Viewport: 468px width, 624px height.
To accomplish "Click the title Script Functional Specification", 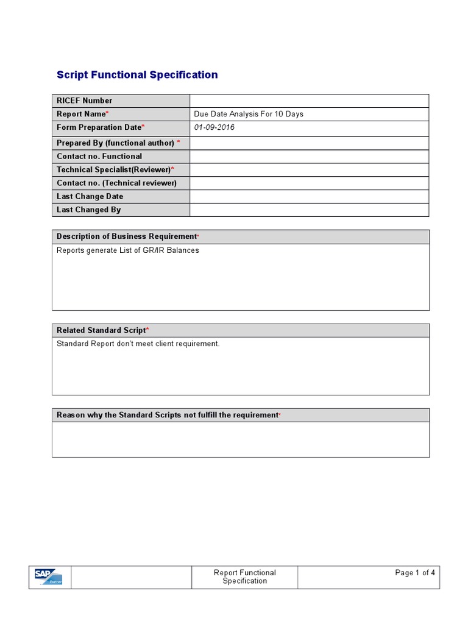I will [x=137, y=75].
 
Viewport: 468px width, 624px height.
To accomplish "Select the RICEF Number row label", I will [x=85, y=101].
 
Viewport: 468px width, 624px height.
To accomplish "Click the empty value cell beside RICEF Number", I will [x=309, y=101].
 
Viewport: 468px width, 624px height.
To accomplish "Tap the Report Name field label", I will [x=82, y=114].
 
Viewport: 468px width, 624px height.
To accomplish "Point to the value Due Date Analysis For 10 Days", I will [x=249, y=114].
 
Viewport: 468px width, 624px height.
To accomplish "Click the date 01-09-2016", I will [x=214, y=127].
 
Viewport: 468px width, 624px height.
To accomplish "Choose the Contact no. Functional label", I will [x=99, y=156].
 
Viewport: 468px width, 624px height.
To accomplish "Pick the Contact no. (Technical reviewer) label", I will [x=116, y=183].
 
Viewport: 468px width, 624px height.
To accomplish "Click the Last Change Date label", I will [x=90, y=196].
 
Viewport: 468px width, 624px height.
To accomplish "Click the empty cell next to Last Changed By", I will [x=309, y=210].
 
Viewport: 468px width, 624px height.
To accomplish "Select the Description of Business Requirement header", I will [x=127, y=236].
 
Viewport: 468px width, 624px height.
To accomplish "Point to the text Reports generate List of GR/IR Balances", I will [x=128, y=250].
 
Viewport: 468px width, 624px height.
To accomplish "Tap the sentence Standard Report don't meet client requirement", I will [x=138, y=344].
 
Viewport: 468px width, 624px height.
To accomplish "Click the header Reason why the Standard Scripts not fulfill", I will [x=168, y=415].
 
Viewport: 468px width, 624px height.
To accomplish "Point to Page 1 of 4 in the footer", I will [x=415, y=573].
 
